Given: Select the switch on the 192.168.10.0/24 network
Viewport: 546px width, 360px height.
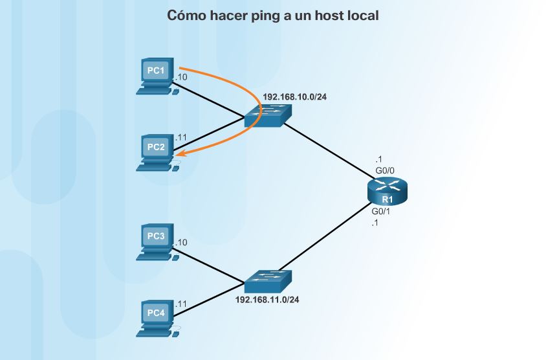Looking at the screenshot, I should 268,117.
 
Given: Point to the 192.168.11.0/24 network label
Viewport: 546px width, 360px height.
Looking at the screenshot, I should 267,300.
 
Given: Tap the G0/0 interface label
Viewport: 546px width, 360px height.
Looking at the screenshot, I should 385,170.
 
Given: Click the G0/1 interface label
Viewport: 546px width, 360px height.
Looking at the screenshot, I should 380,212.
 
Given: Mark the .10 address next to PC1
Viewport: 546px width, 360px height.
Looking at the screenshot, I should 181,77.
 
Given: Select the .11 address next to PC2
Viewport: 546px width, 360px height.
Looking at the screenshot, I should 181,137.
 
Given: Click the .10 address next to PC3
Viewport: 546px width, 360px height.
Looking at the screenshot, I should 181,242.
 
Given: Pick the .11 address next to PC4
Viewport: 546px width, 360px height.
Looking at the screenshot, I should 181,303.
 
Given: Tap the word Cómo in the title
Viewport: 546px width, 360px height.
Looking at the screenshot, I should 186,15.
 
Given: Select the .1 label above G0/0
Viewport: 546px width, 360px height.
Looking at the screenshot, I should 378,159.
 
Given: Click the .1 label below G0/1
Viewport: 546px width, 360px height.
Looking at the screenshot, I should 375,223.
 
